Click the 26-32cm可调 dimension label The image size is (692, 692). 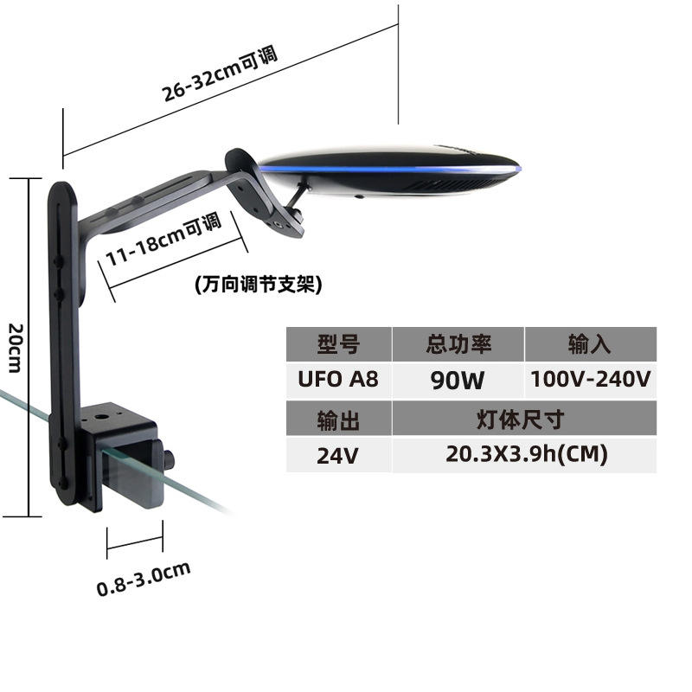coord(220,73)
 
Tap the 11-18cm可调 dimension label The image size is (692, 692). coord(163,240)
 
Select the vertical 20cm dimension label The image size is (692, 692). coord(16,348)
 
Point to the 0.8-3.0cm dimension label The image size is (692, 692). coord(144,580)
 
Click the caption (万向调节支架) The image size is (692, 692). coord(259,285)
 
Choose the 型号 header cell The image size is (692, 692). coord(339,344)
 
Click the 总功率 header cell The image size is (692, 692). coord(458,344)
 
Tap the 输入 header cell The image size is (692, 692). coord(591,344)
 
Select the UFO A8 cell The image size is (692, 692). coord(339,380)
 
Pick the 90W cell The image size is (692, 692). coord(458,380)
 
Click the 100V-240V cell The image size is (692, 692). coord(591,380)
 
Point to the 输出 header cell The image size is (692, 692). coord(339,419)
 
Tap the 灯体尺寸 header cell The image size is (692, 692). coord(524,419)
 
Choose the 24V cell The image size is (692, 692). coord(339,455)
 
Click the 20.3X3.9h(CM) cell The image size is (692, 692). coord(524,455)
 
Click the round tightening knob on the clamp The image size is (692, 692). coord(169,460)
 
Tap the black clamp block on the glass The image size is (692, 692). coord(119,455)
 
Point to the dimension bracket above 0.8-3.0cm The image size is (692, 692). coord(135,540)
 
